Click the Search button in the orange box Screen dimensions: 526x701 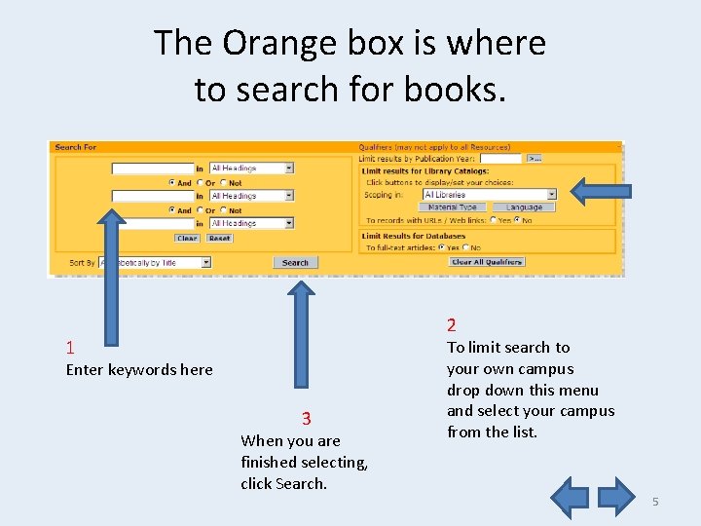(295, 262)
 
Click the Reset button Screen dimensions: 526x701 (219, 238)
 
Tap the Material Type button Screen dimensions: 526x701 (453, 207)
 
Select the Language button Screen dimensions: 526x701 (524, 207)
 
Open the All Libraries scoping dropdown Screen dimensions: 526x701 (489, 195)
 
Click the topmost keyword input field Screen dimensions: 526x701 (153, 169)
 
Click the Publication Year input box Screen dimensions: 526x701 (500, 157)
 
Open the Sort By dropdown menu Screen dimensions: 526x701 (154, 262)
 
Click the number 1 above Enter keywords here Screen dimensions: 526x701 (70, 348)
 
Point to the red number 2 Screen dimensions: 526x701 (452, 325)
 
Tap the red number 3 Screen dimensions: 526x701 (306, 419)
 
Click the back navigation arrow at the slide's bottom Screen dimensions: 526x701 (571, 496)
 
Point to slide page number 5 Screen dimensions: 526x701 (655, 501)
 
